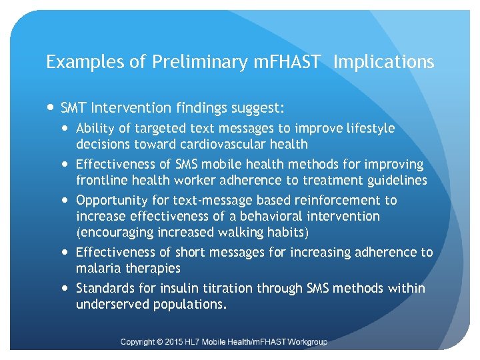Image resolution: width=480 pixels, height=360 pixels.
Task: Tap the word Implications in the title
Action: tap(383, 63)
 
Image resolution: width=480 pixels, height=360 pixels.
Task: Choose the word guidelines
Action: tap(393, 180)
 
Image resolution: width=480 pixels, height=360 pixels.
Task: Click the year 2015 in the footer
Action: tap(180, 342)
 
